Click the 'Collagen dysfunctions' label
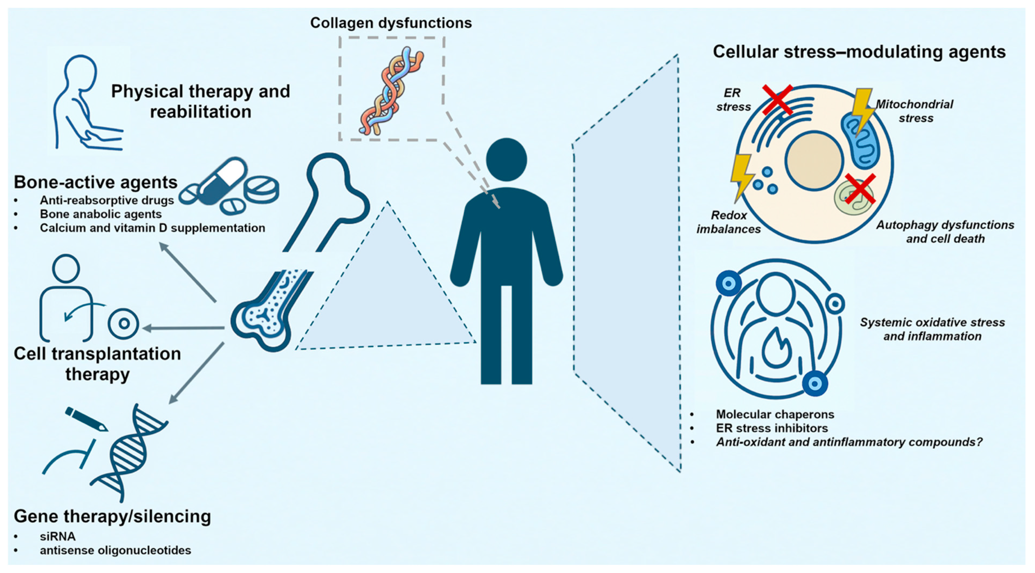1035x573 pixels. point(391,23)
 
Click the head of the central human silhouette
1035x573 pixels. point(506,160)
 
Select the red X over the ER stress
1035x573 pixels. point(778,100)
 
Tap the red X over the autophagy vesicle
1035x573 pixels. point(860,189)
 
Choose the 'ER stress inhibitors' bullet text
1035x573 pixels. point(771,428)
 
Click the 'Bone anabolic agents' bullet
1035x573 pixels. point(101,214)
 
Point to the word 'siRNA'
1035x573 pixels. point(57,536)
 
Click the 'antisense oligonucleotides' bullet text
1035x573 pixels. point(115,550)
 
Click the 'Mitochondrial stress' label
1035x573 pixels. point(914,111)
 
